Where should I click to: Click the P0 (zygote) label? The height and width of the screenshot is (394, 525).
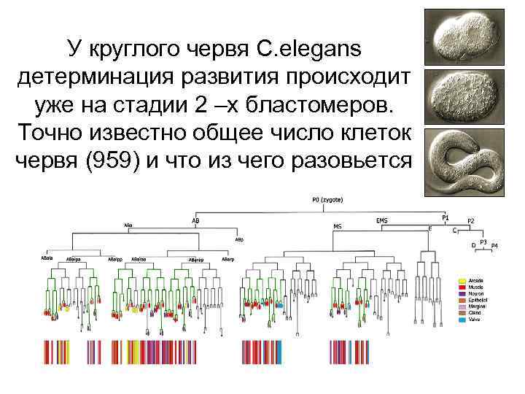coord(327,200)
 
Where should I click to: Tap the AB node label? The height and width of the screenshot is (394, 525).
coord(195,220)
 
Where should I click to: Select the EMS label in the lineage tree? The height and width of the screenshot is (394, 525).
coord(381,220)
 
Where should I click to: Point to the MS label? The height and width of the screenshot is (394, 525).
coord(338,226)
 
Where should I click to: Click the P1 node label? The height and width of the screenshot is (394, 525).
coord(446,217)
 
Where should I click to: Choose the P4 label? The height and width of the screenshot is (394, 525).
coord(495,245)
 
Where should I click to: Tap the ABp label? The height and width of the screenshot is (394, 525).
coord(239,239)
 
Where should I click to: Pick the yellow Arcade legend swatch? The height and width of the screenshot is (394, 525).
coord(462,280)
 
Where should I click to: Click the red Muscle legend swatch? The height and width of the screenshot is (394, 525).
coord(462,287)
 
